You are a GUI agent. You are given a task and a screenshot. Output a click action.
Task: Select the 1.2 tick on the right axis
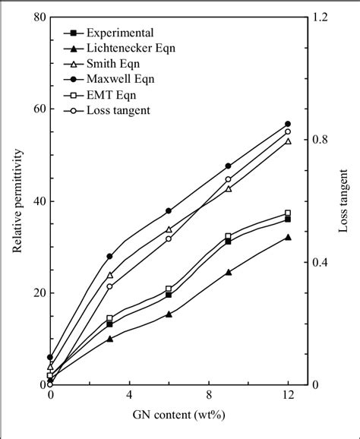322,17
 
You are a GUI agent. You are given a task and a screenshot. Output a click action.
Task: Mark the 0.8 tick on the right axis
322,140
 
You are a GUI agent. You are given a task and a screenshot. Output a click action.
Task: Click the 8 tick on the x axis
209,396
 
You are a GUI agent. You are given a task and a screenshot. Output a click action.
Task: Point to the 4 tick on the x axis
129,396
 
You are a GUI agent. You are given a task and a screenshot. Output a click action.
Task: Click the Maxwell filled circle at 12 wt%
288,124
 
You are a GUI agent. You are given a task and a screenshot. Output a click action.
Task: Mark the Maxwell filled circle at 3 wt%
109,256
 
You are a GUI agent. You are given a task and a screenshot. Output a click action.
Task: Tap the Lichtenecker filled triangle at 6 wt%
169,314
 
